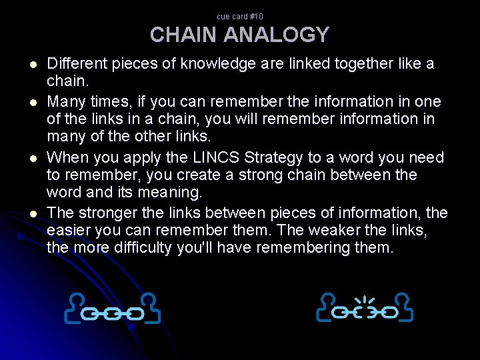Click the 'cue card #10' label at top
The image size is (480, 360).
(x=240, y=16)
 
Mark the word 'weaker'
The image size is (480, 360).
(x=348, y=231)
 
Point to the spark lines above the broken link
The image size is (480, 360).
(x=365, y=300)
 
